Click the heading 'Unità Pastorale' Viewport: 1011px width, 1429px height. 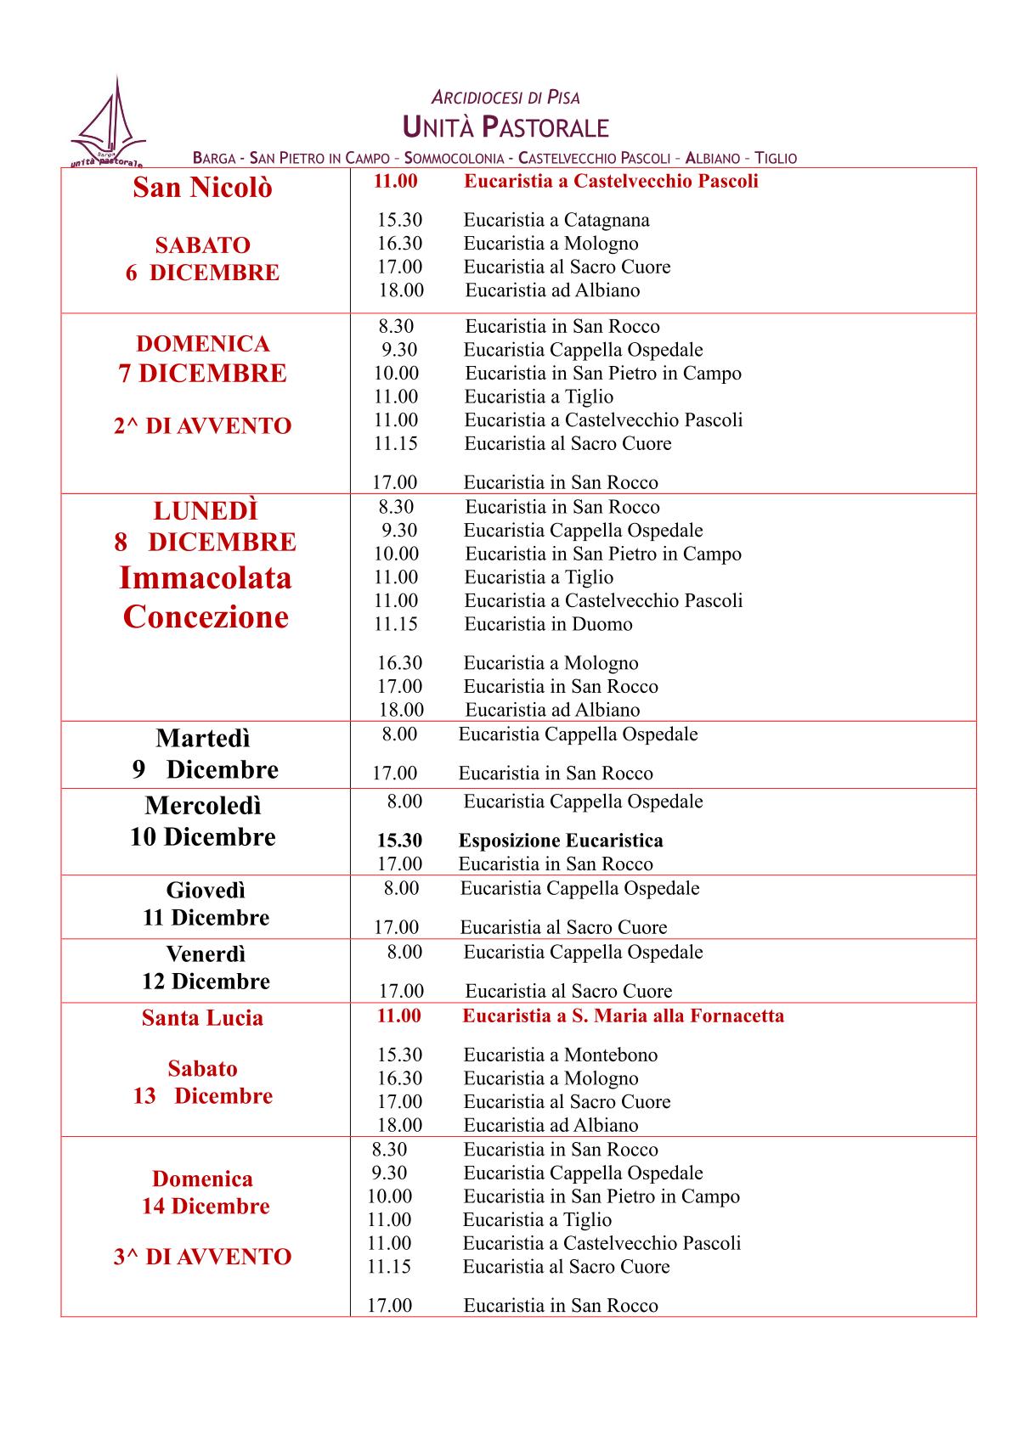tap(505, 127)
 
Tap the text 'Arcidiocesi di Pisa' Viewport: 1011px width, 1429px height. tap(505, 98)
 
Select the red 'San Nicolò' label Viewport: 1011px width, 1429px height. tap(202, 188)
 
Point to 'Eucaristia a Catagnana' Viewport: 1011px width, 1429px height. tap(556, 221)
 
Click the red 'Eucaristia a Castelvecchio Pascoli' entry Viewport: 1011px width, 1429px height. tap(611, 181)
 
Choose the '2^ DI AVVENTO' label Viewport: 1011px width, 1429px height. tap(202, 426)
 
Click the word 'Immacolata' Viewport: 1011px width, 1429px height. tap(205, 578)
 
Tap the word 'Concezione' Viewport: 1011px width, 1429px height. tap(206, 616)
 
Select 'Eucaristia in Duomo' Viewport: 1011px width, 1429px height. tap(548, 624)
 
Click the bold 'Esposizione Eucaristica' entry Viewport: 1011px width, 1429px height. tap(561, 841)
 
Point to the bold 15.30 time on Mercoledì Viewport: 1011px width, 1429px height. tap(399, 841)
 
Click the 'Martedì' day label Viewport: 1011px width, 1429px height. tap(203, 738)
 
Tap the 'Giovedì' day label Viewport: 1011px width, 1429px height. tap(206, 890)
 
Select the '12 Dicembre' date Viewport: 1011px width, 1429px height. tap(206, 982)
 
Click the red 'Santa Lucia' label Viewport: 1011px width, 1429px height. tap(202, 1018)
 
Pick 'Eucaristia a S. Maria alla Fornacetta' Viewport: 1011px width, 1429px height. tap(623, 1015)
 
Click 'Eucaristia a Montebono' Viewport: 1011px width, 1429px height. tap(560, 1055)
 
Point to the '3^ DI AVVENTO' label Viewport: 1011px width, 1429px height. tap(202, 1257)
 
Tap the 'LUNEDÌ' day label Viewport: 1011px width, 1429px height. tap(206, 511)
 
